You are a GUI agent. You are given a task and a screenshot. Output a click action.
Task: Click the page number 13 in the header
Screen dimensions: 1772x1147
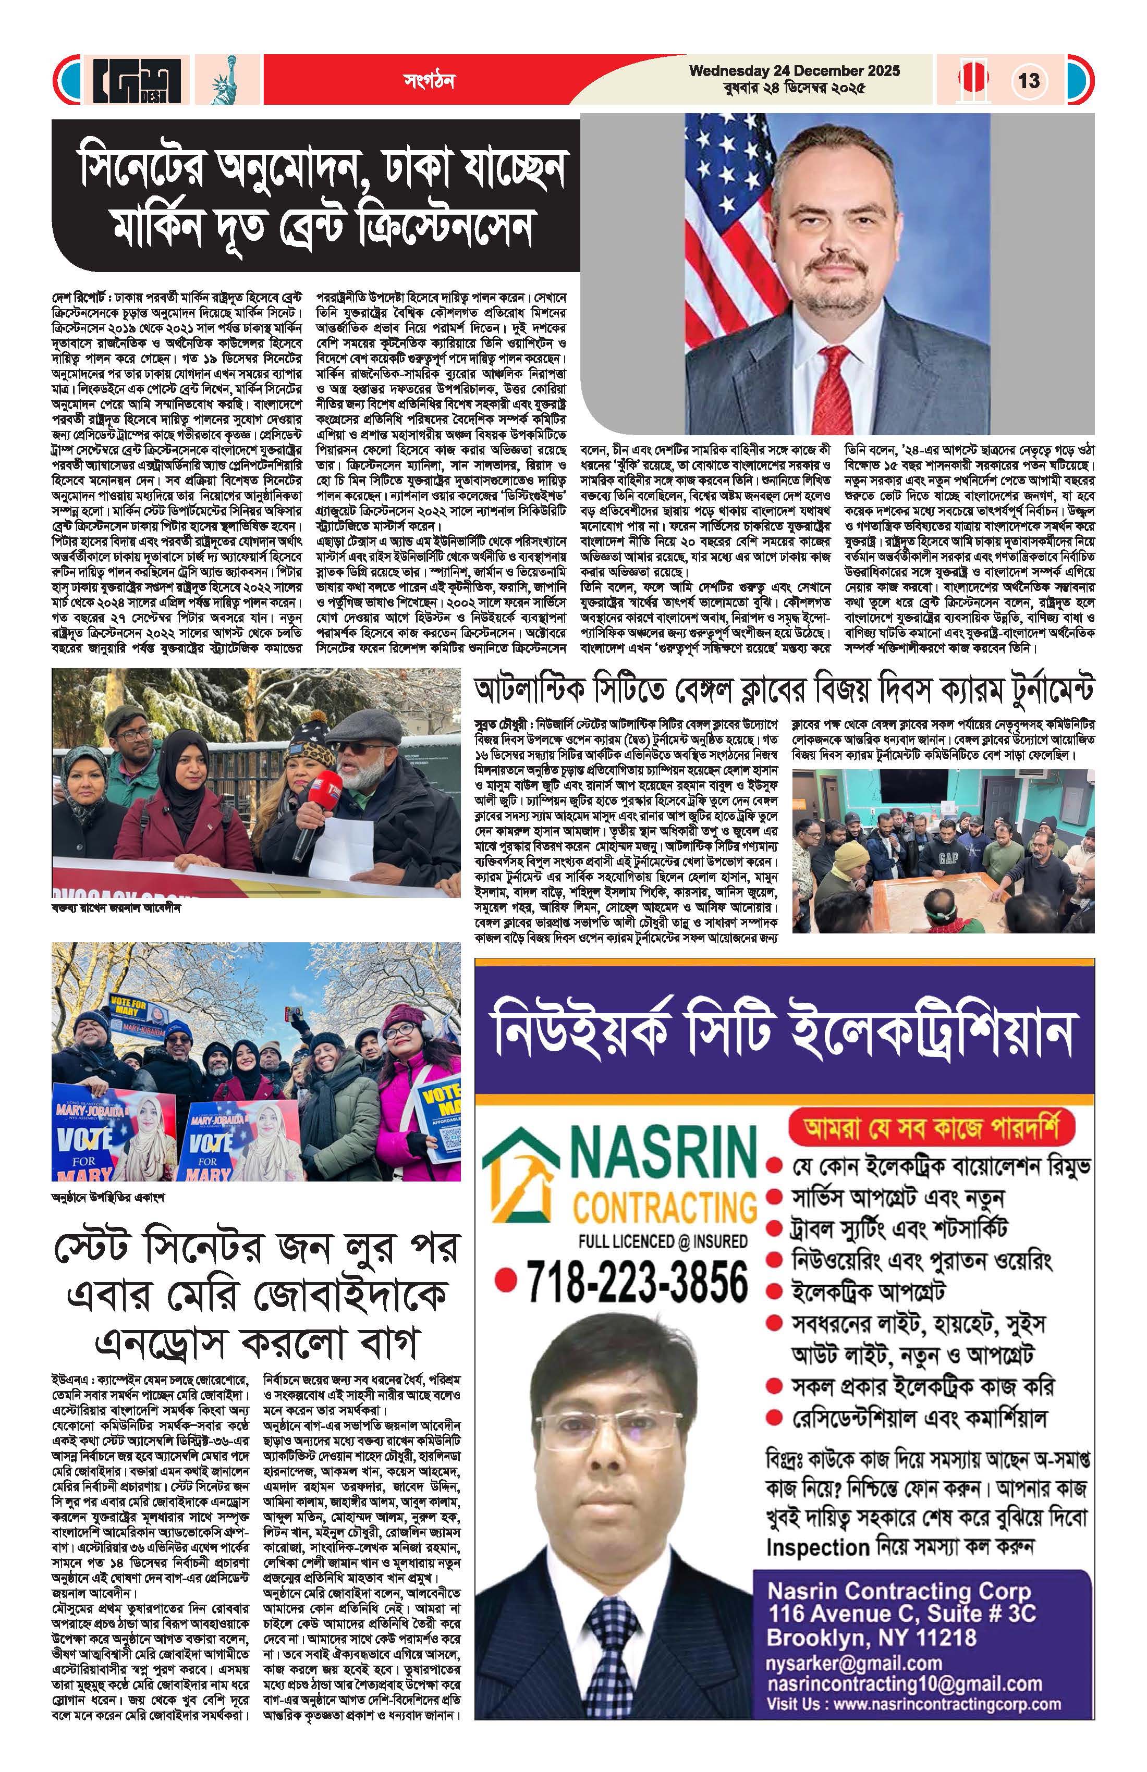click(x=1029, y=80)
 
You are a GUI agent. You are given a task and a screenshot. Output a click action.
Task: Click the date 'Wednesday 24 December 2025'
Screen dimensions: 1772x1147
click(x=794, y=71)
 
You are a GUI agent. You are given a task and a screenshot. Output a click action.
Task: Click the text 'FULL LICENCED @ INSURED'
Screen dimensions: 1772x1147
click(x=663, y=1241)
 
